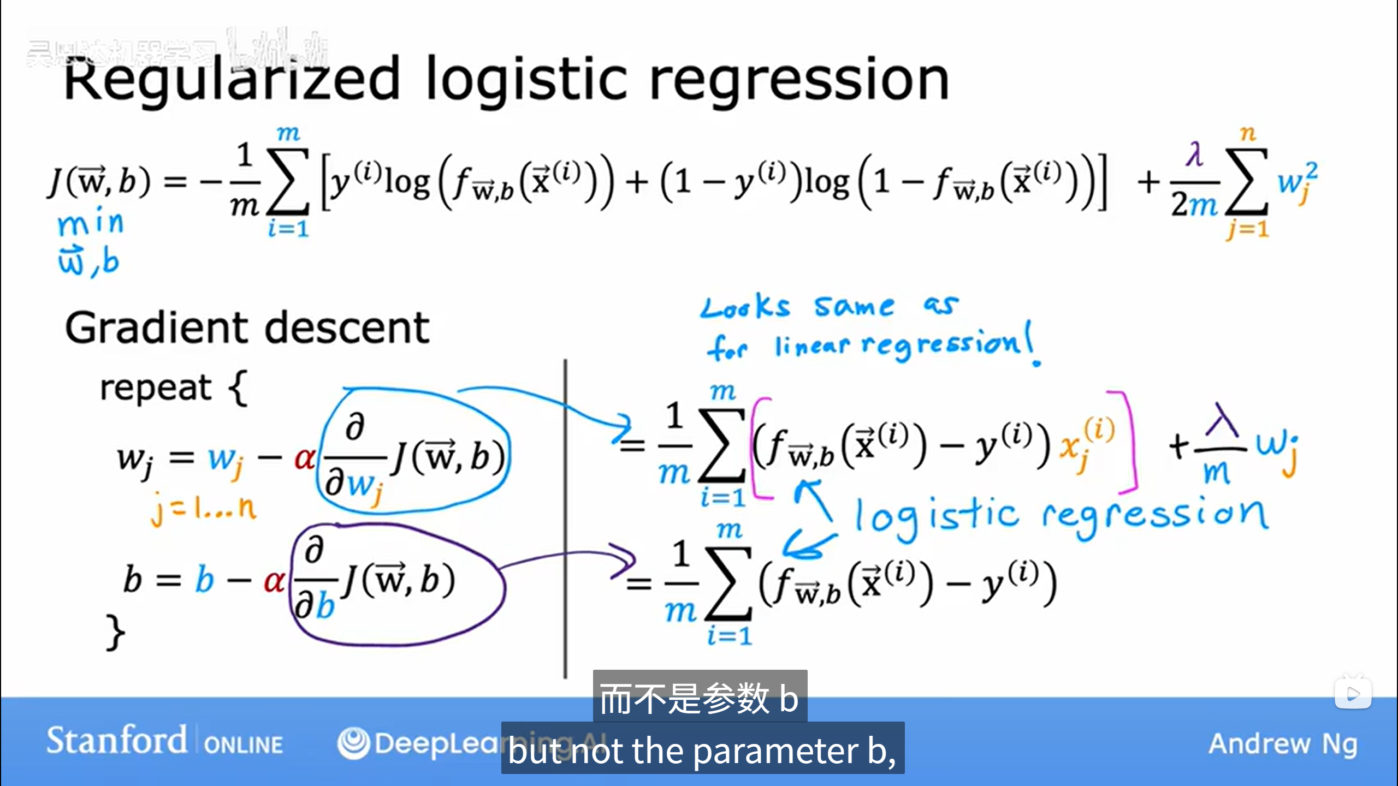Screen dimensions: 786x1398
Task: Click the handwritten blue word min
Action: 91,223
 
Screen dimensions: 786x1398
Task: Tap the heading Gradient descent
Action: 247,327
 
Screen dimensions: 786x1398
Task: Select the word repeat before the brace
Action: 156,388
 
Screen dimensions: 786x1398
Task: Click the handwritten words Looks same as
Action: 828,307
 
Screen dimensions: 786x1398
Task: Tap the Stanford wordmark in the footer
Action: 116,741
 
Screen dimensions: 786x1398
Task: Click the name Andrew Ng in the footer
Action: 1283,743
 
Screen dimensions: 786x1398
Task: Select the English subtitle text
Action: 702,751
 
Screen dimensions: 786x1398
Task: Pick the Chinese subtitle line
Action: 700,698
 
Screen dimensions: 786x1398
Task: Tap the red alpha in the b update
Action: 275,581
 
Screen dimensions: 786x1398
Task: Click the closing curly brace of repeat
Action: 115,632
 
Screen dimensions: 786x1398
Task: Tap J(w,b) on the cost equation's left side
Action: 99,182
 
